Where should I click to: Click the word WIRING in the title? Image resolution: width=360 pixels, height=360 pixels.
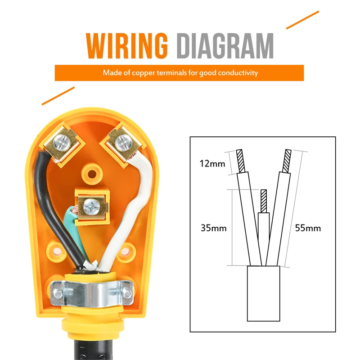pyautogui.click(x=127, y=46)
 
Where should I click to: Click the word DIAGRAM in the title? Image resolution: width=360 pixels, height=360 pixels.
pyautogui.click(x=225, y=46)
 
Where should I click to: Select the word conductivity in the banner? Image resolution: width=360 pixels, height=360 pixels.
pyautogui.click(x=238, y=73)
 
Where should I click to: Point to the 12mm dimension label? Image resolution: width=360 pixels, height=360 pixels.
pyautogui.click(x=212, y=164)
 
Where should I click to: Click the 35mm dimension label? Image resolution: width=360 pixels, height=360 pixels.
pyautogui.click(x=213, y=228)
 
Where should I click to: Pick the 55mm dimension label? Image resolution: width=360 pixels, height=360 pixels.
pyautogui.click(x=308, y=228)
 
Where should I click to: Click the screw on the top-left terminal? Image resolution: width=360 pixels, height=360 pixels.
pyautogui.click(x=62, y=142)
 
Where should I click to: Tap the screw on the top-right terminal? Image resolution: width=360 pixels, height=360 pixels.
pyautogui.click(x=124, y=142)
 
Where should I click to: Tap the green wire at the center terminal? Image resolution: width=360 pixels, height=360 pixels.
pyautogui.click(x=72, y=216)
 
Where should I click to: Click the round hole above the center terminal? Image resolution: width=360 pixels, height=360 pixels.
pyautogui.click(x=92, y=174)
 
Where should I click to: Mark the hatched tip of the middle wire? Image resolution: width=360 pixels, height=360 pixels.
pyautogui.click(x=264, y=201)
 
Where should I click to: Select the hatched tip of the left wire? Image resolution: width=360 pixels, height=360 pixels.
pyautogui.click(x=241, y=161)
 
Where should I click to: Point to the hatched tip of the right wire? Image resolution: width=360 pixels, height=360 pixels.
pyautogui.click(x=287, y=161)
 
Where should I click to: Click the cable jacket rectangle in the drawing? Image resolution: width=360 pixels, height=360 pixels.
pyautogui.click(x=263, y=293)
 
